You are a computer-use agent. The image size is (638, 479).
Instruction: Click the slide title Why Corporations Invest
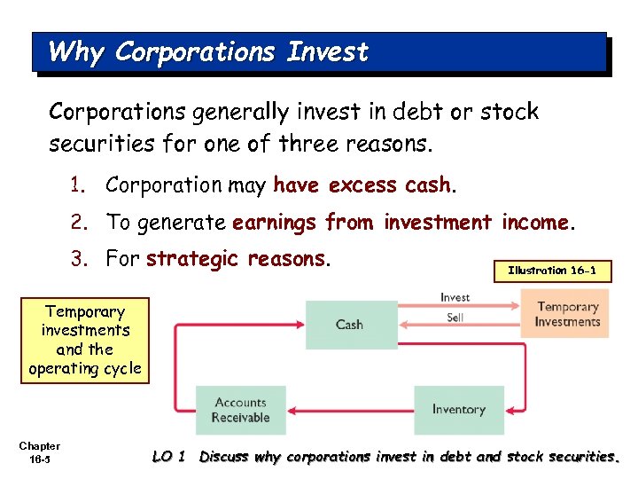208,52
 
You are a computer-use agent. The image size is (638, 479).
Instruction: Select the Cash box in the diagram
351,324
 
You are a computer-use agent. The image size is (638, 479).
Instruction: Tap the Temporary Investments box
568,315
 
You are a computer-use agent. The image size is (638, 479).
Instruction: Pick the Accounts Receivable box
240,410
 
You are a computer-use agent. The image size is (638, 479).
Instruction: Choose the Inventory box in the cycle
458,410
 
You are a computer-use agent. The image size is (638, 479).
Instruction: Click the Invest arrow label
455,297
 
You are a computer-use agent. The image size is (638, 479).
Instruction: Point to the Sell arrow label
455,317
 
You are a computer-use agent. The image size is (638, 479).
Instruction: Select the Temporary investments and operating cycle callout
85,340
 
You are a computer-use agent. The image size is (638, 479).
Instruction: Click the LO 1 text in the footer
168,457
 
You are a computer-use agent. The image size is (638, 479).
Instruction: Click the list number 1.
78,185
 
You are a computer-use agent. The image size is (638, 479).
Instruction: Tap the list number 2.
78,223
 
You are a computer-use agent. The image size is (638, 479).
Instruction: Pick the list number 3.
78,259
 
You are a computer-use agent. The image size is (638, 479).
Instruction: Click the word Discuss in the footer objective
225,457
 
